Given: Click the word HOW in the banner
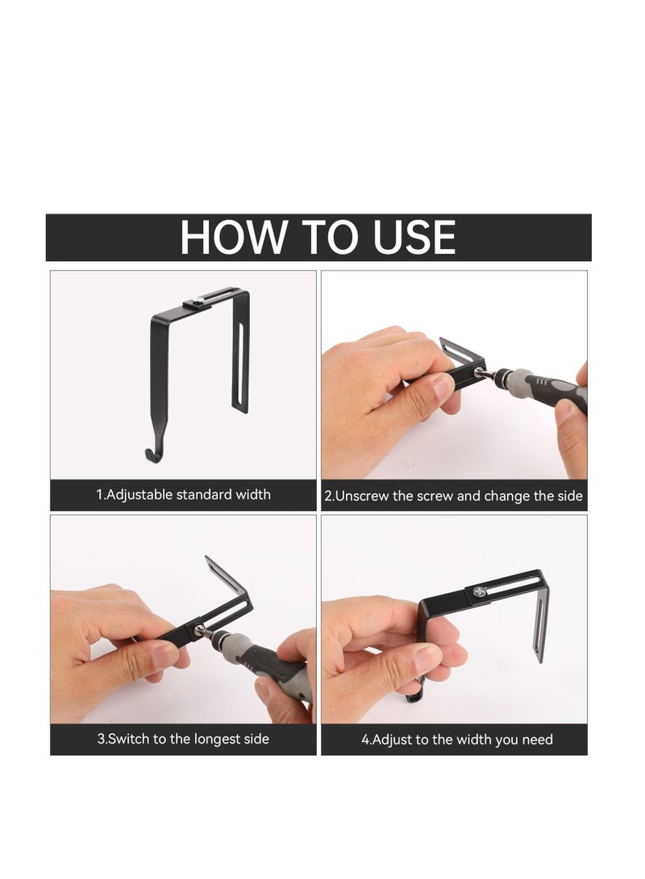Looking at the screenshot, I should click(x=233, y=237).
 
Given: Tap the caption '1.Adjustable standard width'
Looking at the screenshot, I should click(x=183, y=495).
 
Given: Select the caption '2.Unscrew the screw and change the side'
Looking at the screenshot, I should click(x=453, y=495).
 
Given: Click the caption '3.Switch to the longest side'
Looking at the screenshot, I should click(x=183, y=739).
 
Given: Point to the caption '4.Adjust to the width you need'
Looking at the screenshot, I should click(x=456, y=739).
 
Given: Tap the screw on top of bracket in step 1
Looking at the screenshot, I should click(x=198, y=302).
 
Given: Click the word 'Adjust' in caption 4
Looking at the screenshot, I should click(x=393, y=739).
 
